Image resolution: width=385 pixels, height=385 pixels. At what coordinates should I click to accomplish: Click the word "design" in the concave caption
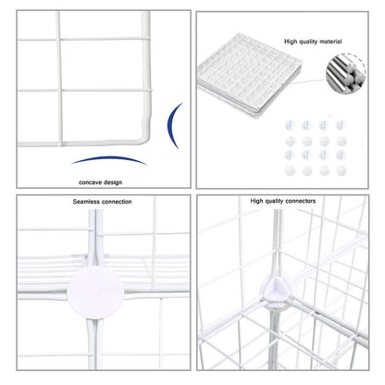(x=113, y=182)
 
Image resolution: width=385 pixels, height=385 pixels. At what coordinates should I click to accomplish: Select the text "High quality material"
(x=312, y=42)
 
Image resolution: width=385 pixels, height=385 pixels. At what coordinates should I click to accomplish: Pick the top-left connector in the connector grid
(x=290, y=122)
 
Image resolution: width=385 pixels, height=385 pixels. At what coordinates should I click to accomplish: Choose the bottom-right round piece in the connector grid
(x=340, y=170)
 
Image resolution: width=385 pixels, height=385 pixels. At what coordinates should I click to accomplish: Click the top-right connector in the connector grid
(x=340, y=122)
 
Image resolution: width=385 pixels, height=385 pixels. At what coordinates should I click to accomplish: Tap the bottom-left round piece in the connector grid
(x=290, y=170)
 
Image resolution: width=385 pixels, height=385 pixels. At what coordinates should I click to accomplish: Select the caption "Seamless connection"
(x=102, y=201)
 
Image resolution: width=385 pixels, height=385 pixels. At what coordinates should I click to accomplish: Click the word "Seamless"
(x=88, y=201)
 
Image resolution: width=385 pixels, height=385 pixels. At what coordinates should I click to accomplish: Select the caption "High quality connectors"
(x=282, y=200)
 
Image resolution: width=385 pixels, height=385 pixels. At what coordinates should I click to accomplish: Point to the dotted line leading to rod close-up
(x=316, y=67)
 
